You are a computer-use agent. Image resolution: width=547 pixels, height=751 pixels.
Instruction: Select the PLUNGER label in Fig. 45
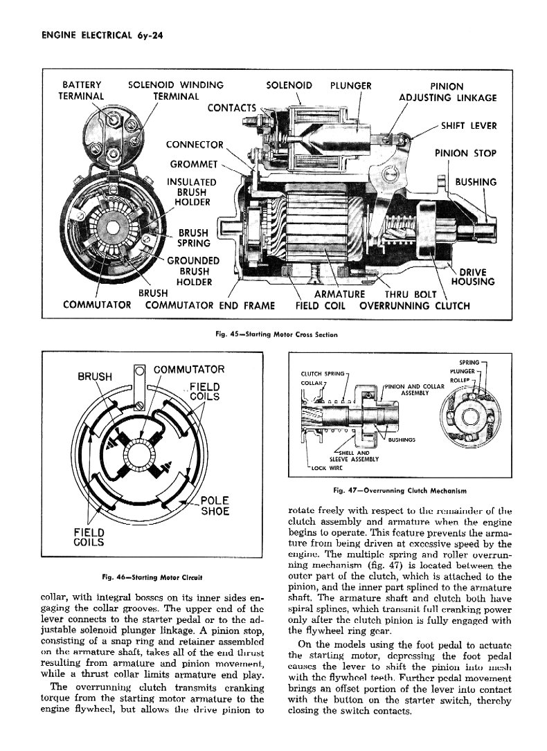pyautogui.click(x=351, y=86)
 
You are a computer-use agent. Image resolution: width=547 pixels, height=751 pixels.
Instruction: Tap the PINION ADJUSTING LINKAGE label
pyautogui.click(x=447, y=92)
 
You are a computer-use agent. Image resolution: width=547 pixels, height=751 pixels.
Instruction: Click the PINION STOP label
pyautogui.click(x=465, y=153)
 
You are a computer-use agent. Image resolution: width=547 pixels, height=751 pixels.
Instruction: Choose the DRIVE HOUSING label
pyautogui.click(x=472, y=277)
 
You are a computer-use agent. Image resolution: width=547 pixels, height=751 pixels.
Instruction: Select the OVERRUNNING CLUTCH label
pyautogui.click(x=413, y=305)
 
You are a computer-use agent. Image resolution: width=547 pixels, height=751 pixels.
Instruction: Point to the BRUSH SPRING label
pyautogui.click(x=198, y=238)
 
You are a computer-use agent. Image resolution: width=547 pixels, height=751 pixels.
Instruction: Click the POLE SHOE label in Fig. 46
pyautogui.click(x=215, y=506)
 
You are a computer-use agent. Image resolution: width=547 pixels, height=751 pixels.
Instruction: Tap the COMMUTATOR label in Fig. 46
pyautogui.click(x=188, y=370)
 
